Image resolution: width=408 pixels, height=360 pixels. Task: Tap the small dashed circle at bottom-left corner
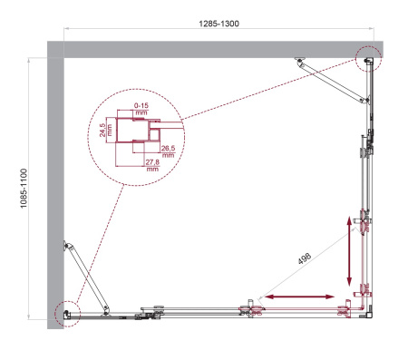tap(65, 313)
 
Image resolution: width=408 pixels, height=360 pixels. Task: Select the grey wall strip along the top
tap(218, 49)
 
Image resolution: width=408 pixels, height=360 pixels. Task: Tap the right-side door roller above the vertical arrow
tap(364, 219)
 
